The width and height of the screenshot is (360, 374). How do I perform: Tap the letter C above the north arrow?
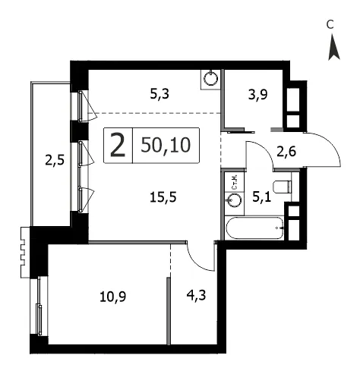pyautogui.click(x=330, y=24)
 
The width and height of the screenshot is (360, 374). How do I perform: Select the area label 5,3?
pyautogui.click(x=159, y=94)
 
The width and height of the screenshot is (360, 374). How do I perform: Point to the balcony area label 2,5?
pyautogui.click(x=55, y=160)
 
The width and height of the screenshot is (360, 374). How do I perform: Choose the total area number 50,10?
pyautogui.click(x=166, y=145)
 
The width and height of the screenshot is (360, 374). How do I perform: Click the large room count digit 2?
pyautogui.click(x=118, y=146)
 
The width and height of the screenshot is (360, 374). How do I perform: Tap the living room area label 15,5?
pyautogui.click(x=163, y=197)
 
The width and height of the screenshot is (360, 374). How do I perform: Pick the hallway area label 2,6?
pyautogui.click(x=286, y=152)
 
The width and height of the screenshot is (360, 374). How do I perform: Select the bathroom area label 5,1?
pyautogui.click(x=262, y=196)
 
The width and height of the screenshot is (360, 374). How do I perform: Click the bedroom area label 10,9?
pyautogui.click(x=113, y=297)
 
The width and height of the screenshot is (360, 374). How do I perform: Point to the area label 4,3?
pyautogui.click(x=196, y=295)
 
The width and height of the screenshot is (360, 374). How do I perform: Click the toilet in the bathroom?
pyautogui.click(x=283, y=187)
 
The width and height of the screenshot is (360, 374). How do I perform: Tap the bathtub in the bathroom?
pyautogui.click(x=254, y=228)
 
